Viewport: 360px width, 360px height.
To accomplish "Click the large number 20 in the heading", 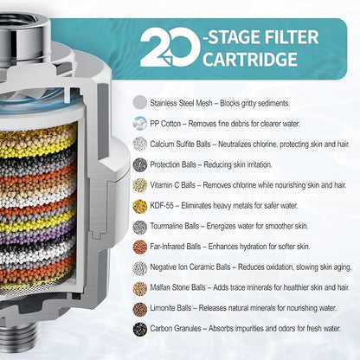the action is coord(170,48).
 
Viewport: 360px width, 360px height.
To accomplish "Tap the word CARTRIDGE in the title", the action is coord(250,60).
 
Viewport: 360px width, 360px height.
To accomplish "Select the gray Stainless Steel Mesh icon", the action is coord(140,102).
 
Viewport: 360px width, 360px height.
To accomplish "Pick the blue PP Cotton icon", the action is coord(140,123).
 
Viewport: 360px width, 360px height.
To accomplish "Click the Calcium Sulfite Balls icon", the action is coord(140,144).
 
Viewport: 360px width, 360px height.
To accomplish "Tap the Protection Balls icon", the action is coord(140,164).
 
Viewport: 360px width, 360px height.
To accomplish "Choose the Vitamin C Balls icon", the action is coord(140,185).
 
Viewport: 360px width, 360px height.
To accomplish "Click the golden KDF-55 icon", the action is coord(140,206).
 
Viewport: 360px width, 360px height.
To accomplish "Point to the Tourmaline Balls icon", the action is coord(140,227).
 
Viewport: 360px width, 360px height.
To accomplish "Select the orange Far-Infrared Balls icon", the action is coord(140,247).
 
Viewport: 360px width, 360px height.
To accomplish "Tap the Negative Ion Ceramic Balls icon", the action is coord(140,267).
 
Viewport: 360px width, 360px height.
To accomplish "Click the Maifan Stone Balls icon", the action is coord(140,288).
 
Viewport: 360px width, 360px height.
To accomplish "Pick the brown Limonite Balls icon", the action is coord(140,308).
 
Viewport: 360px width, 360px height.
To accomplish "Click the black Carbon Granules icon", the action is coord(140,329).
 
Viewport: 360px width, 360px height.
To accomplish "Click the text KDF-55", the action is coord(162,206).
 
